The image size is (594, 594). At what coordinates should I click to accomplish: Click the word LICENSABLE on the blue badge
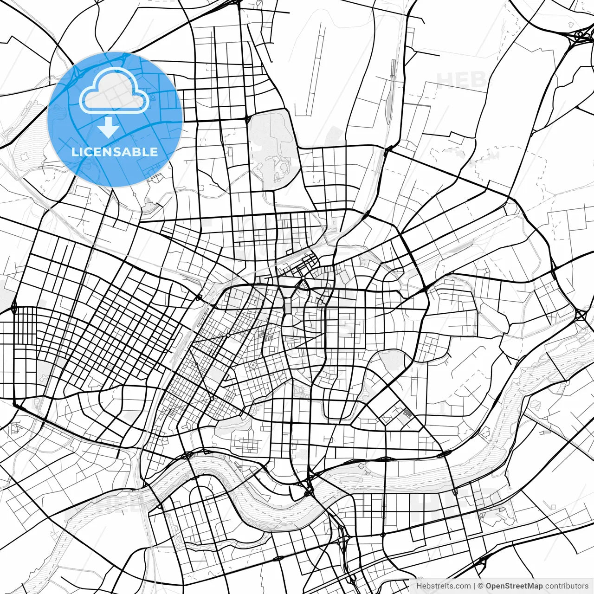point(115,152)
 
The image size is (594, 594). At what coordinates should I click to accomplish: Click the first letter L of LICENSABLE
point(75,152)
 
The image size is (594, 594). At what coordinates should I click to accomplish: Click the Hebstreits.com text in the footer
point(443,586)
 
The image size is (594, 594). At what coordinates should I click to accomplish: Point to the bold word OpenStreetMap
point(514,586)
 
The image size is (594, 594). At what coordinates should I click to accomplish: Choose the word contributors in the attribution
point(567,586)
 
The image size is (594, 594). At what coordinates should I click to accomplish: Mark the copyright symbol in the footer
point(481,586)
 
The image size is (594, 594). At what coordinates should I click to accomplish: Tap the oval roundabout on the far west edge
point(13,307)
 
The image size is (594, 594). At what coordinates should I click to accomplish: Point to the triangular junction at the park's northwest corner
point(248,120)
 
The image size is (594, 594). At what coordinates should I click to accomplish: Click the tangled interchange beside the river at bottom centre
point(308,487)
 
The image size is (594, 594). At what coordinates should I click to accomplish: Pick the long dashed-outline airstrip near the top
point(316,70)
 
